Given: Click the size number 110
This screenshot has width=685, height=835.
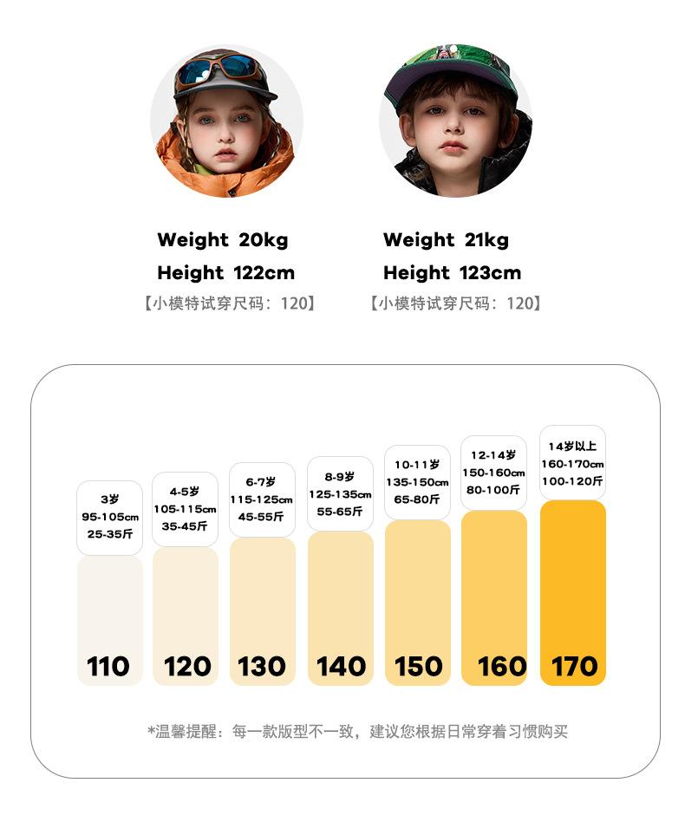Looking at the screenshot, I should tap(108, 666).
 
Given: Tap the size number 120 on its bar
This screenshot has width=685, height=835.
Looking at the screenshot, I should tap(187, 666).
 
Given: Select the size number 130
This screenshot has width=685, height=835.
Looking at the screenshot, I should tap(262, 666).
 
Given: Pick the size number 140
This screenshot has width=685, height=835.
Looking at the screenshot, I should tap(341, 666).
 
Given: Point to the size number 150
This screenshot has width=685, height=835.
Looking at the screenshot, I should tap(419, 666).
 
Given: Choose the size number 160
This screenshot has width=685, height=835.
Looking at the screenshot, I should tap(502, 666).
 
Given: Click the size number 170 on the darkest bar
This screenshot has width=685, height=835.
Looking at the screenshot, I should tap(574, 666).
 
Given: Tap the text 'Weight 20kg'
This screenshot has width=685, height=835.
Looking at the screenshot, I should tap(223, 240).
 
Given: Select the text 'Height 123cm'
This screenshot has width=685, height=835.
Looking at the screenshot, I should tap(452, 273).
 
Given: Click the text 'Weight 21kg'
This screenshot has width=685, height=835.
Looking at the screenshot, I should tap(446, 240).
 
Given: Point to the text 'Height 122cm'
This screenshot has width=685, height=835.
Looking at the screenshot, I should tap(225, 273).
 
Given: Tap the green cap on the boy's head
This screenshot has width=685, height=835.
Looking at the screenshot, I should tap(451, 65).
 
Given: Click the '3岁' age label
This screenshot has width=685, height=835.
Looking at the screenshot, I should tap(110, 499).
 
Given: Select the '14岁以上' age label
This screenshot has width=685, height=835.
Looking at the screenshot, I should tap(572, 447).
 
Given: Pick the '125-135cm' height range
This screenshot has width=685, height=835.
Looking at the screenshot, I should tap(340, 494).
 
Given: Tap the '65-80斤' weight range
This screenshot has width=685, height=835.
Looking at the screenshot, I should tap(417, 499).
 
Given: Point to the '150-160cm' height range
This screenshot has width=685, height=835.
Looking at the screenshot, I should tap(493, 473).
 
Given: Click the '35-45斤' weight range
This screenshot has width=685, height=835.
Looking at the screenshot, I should tap(185, 526).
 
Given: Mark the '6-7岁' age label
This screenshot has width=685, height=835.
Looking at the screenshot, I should tap(261, 482).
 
